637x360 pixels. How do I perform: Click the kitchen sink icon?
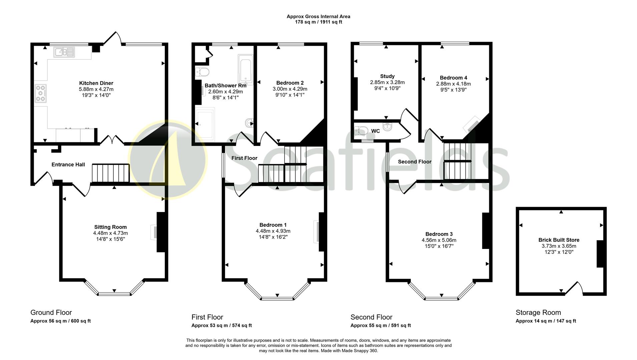64,52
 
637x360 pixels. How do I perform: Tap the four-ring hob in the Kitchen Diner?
41,93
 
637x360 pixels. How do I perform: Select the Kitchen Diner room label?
96,83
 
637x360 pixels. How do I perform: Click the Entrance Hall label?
68,165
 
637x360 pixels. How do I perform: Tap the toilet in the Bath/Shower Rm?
202,72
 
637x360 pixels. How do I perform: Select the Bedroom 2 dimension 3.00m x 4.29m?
290,89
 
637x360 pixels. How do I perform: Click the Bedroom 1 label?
273,225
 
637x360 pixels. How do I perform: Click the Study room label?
387,76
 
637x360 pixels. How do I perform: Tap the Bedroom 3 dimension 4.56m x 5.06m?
439,240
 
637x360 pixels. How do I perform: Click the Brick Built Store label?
559,240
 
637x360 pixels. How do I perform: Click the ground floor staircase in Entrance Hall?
110,173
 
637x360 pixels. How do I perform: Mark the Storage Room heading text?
538,313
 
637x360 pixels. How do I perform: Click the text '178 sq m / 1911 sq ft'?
318,22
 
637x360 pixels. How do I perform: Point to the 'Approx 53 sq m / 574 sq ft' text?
221,326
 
